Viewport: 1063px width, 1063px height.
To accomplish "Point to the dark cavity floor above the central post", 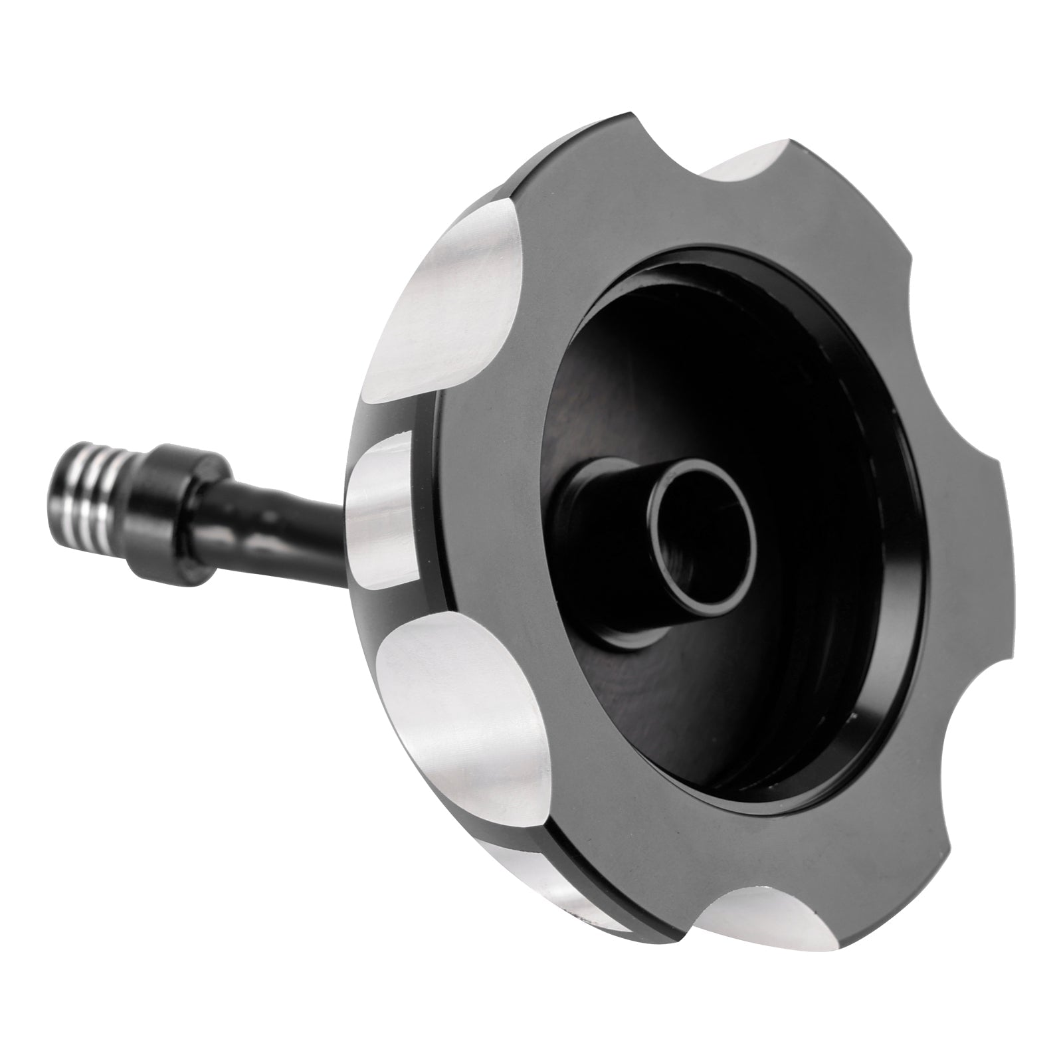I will tap(698, 332).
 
